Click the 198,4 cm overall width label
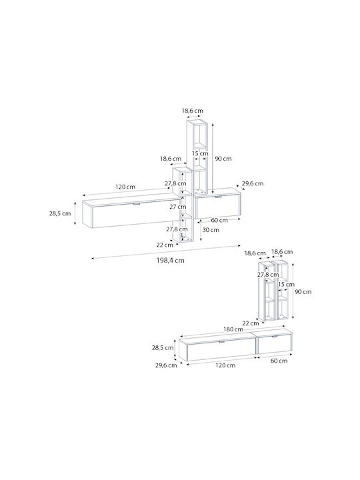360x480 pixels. click(171, 261)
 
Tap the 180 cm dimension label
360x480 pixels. click(233, 329)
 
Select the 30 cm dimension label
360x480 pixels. click(211, 230)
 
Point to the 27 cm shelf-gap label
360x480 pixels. click(178, 207)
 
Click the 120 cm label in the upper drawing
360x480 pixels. click(125, 187)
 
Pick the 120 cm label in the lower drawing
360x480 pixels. click(225, 365)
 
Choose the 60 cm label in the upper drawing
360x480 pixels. click(219, 220)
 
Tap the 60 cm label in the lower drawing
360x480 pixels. click(279, 361)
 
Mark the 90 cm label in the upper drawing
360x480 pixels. click(223, 159)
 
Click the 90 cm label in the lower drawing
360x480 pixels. click(303, 292)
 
